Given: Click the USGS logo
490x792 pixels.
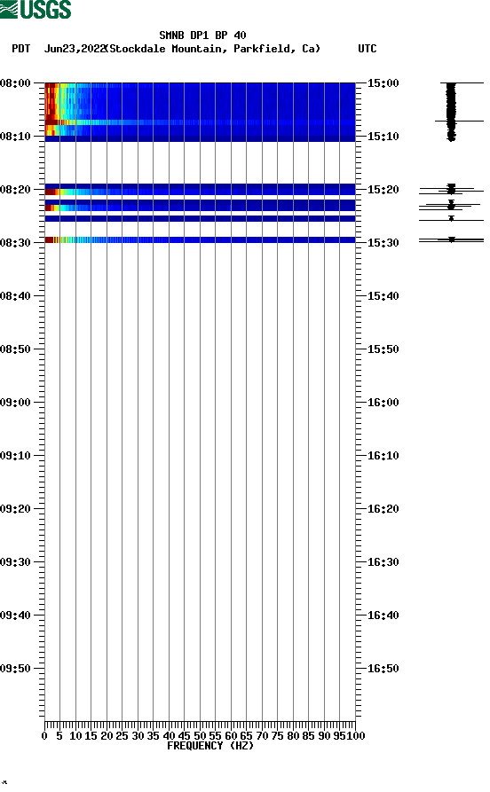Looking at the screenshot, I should tap(36, 10).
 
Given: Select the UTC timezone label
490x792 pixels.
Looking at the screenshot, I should tap(367, 49).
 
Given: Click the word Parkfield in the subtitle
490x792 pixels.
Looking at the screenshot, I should tap(265, 49).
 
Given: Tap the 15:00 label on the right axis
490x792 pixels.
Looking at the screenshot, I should tap(383, 82).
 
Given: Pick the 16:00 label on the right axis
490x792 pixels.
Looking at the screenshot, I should tap(383, 402).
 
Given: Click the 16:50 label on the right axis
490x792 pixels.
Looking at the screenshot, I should tap(383, 668).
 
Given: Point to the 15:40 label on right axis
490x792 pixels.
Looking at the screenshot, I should tap(383, 295).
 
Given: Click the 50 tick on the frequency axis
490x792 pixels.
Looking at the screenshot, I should tap(200, 735).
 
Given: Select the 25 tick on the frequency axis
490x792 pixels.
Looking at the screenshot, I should tap(122, 735).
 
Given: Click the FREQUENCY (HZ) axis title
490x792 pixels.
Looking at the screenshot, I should tap(210, 746).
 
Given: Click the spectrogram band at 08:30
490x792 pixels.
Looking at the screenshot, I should tap(200, 239).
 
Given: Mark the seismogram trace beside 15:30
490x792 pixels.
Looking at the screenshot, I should tap(451, 239).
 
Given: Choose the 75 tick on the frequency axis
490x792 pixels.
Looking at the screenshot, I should tap(278, 735).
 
